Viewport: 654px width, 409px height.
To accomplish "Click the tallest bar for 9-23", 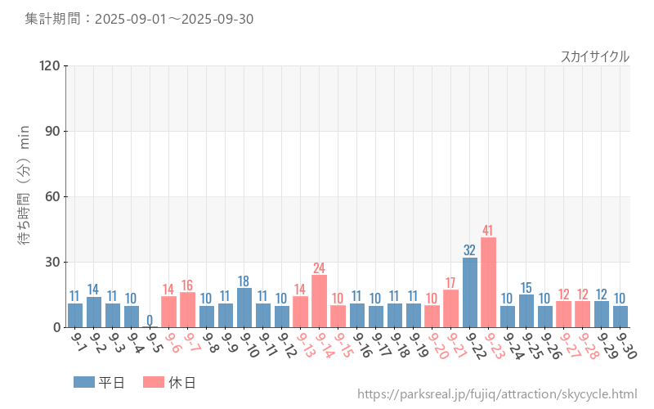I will (488, 282).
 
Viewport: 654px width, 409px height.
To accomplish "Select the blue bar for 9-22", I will (470, 292).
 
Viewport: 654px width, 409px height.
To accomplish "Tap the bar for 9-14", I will (319, 301).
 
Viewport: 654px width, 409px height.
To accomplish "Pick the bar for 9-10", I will (244, 308).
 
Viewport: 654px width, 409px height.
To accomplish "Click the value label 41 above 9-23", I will (488, 230).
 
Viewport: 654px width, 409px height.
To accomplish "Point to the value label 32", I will (470, 249).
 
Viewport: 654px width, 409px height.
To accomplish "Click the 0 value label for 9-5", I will (150, 319).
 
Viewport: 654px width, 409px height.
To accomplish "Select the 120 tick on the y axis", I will (50, 65).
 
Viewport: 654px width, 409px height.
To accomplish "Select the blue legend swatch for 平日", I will (83, 382).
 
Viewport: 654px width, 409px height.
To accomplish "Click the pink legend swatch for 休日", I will (153, 382).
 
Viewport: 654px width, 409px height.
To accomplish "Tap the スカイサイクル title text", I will (594, 56).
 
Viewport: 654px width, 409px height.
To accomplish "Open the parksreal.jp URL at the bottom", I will (497, 394).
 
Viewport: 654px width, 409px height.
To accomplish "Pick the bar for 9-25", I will (526, 311).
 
